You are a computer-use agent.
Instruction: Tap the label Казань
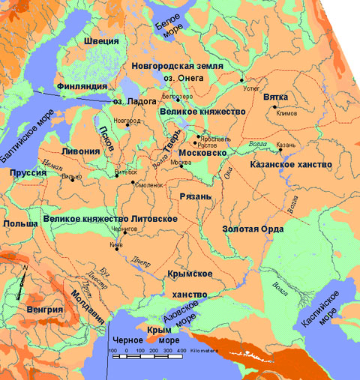tap(287, 144)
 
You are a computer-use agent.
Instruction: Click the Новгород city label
tap(126, 120)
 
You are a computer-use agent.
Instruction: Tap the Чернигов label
tap(132, 227)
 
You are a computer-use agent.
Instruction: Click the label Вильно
tap(70, 177)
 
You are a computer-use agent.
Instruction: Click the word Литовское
tap(153, 218)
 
